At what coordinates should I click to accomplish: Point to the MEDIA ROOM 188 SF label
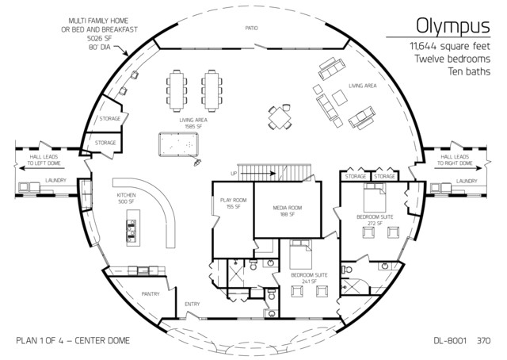tap(284, 211)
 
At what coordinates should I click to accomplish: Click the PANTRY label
tap(151, 293)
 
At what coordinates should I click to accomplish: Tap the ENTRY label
tap(193, 303)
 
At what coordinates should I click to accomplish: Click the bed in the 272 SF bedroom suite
tap(374, 197)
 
